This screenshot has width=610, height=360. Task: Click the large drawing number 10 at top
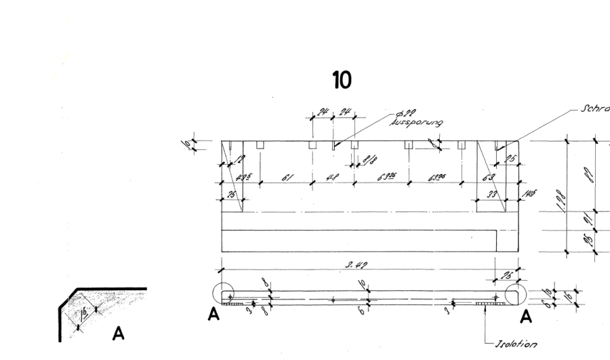[341, 81]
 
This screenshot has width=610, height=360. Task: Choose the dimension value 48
[331, 178]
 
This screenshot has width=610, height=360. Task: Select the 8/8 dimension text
[370, 162]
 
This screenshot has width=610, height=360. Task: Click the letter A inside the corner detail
[118, 333]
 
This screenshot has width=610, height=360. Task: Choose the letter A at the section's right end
[525, 315]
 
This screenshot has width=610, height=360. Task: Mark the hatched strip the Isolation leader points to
[489, 304]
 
